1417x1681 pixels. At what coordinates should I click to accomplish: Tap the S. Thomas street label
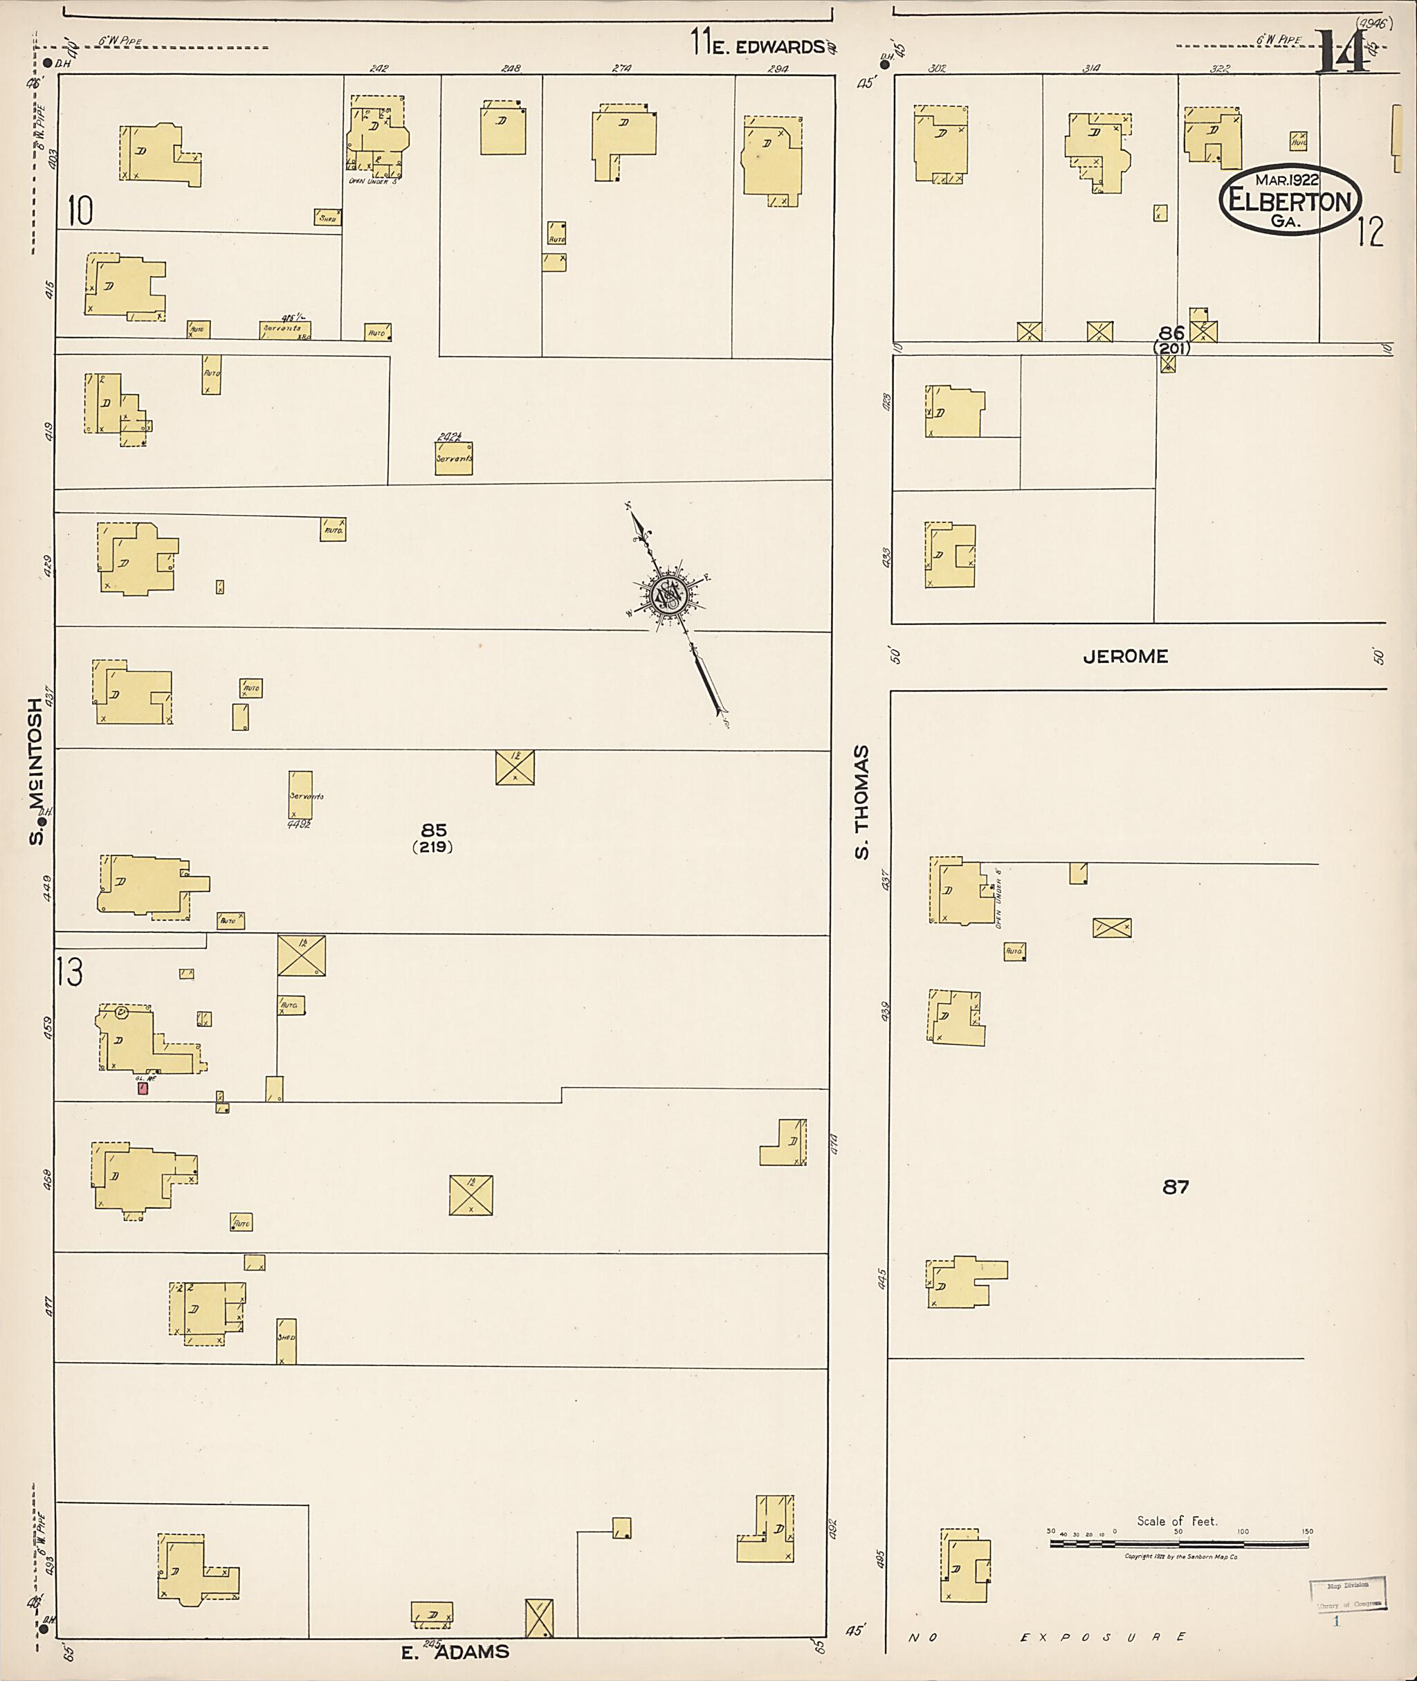tap(862, 802)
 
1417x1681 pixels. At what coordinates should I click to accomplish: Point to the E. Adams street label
tap(455, 1652)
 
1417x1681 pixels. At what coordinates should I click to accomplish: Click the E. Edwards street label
tap(767, 46)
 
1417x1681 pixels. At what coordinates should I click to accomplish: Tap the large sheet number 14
tap(1343, 53)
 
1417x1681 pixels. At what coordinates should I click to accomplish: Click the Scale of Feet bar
tap(1181, 1543)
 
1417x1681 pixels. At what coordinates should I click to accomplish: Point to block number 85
tap(434, 830)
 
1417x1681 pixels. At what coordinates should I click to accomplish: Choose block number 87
tap(1176, 1186)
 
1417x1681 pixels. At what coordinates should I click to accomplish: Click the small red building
tap(142, 1088)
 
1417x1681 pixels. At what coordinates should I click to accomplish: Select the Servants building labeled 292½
tap(454, 458)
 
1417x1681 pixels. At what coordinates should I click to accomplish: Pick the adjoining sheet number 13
tap(70, 974)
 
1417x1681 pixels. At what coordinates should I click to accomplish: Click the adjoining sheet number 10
tap(80, 210)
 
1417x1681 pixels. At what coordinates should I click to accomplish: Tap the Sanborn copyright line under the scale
tap(1181, 1556)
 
